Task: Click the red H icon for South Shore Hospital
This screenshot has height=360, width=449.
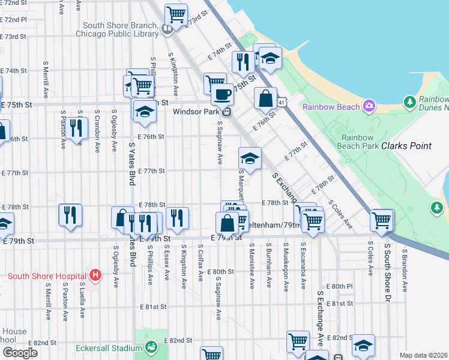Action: click(x=94, y=275)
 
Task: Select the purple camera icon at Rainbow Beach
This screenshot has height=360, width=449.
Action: click(x=369, y=106)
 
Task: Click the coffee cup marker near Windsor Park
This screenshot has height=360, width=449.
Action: click(x=222, y=94)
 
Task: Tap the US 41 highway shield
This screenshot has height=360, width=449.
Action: click(x=282, y=104)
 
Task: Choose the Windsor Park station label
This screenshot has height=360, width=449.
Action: click(x=197, y=112)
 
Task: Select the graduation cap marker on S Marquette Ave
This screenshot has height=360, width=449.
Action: click(x=250, y=159)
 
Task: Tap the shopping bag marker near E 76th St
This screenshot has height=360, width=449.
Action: click(x=265, y=98)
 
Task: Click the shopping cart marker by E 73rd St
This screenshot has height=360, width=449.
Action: click(x=176, y=14)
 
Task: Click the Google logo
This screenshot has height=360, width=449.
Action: click(x=20, y=353)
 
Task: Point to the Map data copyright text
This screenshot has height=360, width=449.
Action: click(x=423, y=355)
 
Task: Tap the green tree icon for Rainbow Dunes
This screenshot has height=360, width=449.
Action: click(x=410, y=102)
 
